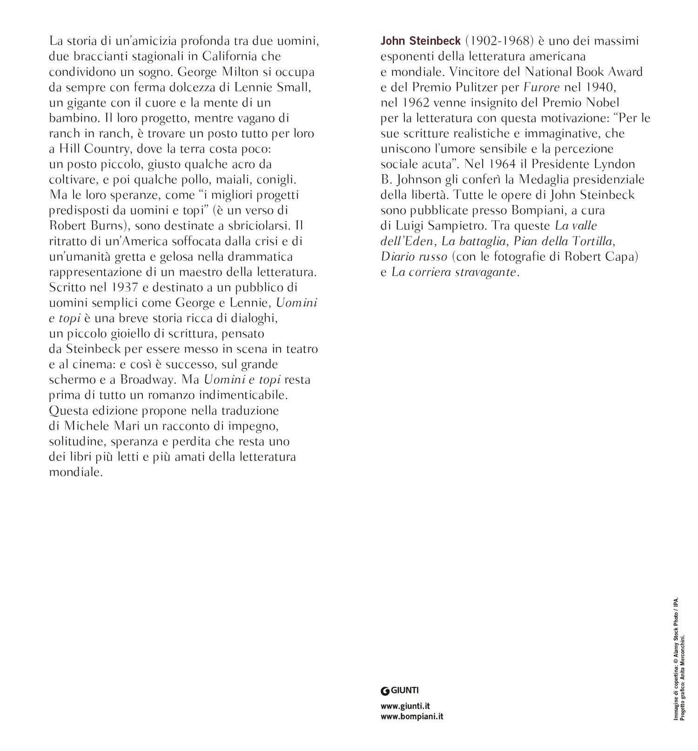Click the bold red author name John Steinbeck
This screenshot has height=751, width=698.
pos(420,41)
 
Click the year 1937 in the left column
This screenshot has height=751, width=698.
pos(126,287)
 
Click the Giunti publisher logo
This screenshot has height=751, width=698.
pos(399,690)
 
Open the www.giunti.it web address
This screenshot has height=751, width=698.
pos(404,706)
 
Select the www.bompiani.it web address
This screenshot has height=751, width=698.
pos(411,717)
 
